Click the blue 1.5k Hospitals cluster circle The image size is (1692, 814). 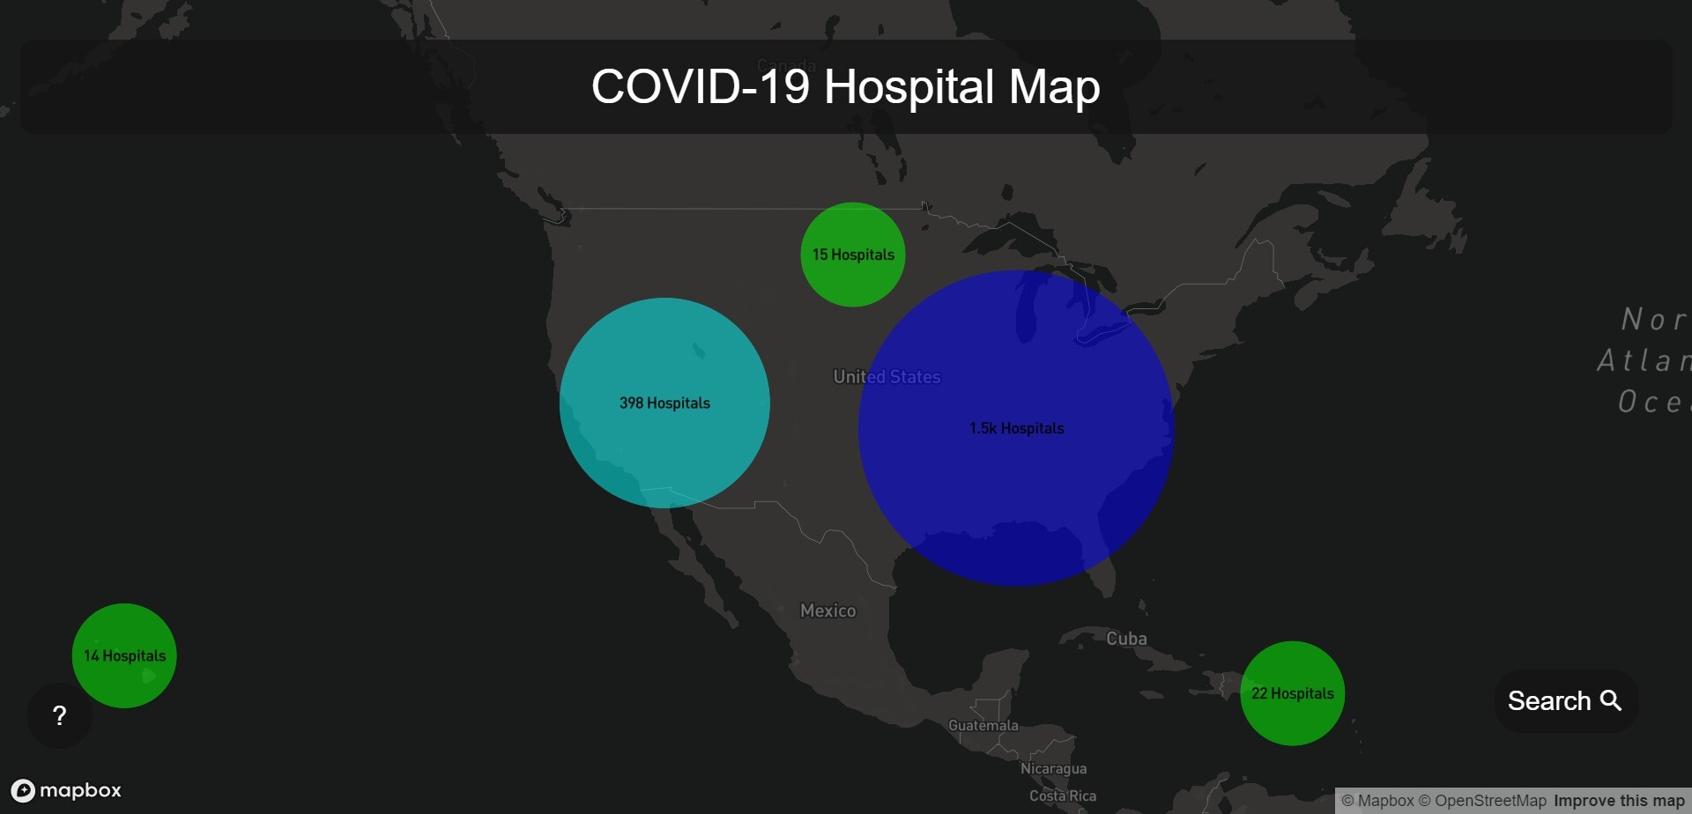point(1016,428)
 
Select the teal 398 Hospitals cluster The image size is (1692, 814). point(664,403)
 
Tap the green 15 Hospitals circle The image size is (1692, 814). point(853,255)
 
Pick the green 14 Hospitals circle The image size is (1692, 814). point(124,655)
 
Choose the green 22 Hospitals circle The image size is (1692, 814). point(1292,693)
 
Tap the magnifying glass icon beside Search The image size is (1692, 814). point(1611,700)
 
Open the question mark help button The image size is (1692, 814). point(59,715)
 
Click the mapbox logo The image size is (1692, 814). point(66,790)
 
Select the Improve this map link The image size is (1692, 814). point(1619,801)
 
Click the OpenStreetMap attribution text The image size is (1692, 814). point(1489,801)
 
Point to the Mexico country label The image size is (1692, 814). point(827,610)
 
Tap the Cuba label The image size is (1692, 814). point(1126,639)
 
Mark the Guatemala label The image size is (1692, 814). point(983,725)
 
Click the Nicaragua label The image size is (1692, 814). point(1053,768)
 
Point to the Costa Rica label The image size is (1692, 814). point(1063,795)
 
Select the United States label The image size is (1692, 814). point(887,377)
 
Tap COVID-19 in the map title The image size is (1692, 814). point(700,87)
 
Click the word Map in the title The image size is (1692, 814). point(1054,87)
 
